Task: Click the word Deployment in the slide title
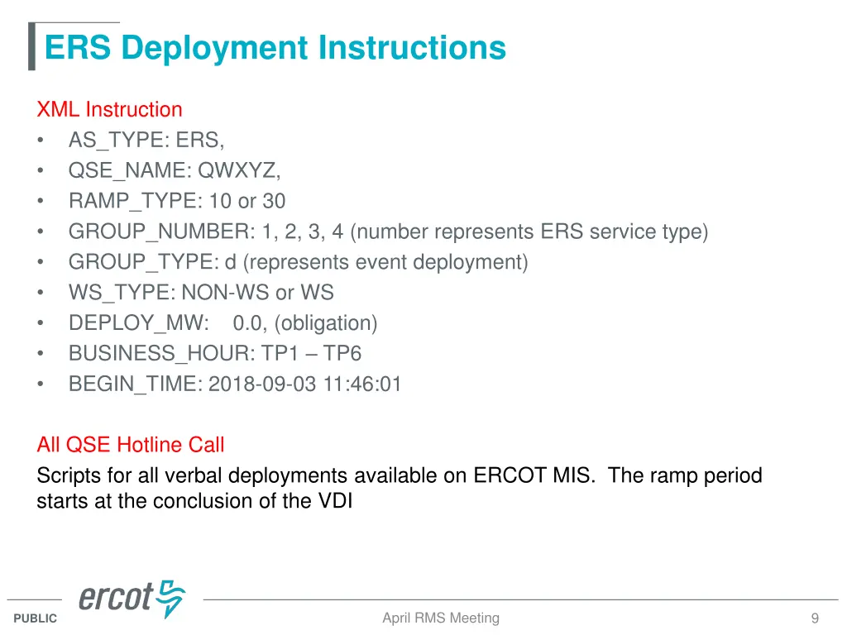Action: pos(215,48)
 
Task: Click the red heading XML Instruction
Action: pos(109,110)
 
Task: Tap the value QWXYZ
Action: pos(238,171)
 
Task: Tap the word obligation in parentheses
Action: pos(328,324)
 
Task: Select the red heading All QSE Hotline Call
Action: pos(131,445)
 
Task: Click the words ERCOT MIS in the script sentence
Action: pos(534,475)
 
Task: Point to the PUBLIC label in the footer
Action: pos(36,618)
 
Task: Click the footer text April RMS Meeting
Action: pos(441,618)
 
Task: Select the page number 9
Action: pos(815,618)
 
